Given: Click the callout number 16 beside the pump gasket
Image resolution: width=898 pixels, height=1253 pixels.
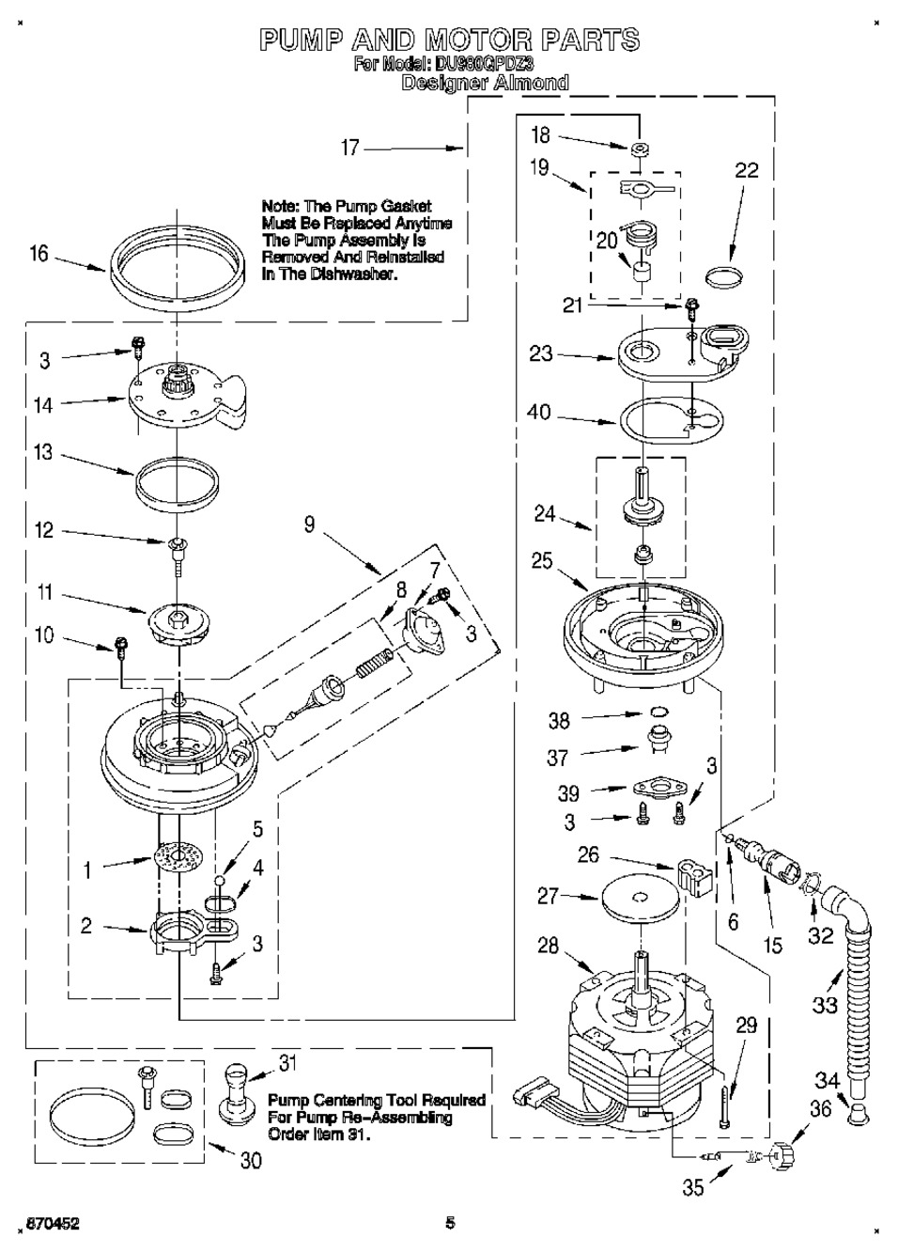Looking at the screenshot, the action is pyautogui.click(x=39, y=255).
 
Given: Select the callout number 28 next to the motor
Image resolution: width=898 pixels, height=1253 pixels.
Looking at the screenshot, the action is pyautogui.click(x=548, y=946).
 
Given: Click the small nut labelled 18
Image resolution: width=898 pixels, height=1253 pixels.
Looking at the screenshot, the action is pyautogui.click(x=639, y=149).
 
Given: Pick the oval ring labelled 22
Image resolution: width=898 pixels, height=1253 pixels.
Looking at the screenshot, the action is pyautogui.click(x=723, y=277).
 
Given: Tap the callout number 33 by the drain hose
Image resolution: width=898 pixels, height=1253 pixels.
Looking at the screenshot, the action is pyautogui.click(x=825, y=1004).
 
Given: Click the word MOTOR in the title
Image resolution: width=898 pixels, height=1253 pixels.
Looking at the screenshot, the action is pyautogui.click(x=480, y=40).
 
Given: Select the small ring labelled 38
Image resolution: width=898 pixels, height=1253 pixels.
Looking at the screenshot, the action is pyautogui.click(x=659, y=712).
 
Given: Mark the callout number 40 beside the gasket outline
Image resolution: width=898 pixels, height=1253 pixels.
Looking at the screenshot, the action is pyautogui.click(x=538, y=413).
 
